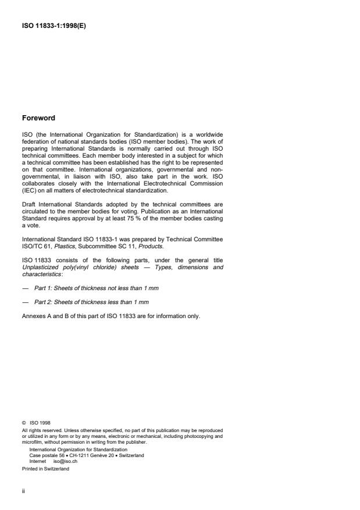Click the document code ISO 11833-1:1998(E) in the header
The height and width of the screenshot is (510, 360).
[x=53, y=26]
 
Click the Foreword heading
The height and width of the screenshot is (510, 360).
[x=38, y=118]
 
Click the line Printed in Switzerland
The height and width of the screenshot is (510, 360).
[x=45, y=468]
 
